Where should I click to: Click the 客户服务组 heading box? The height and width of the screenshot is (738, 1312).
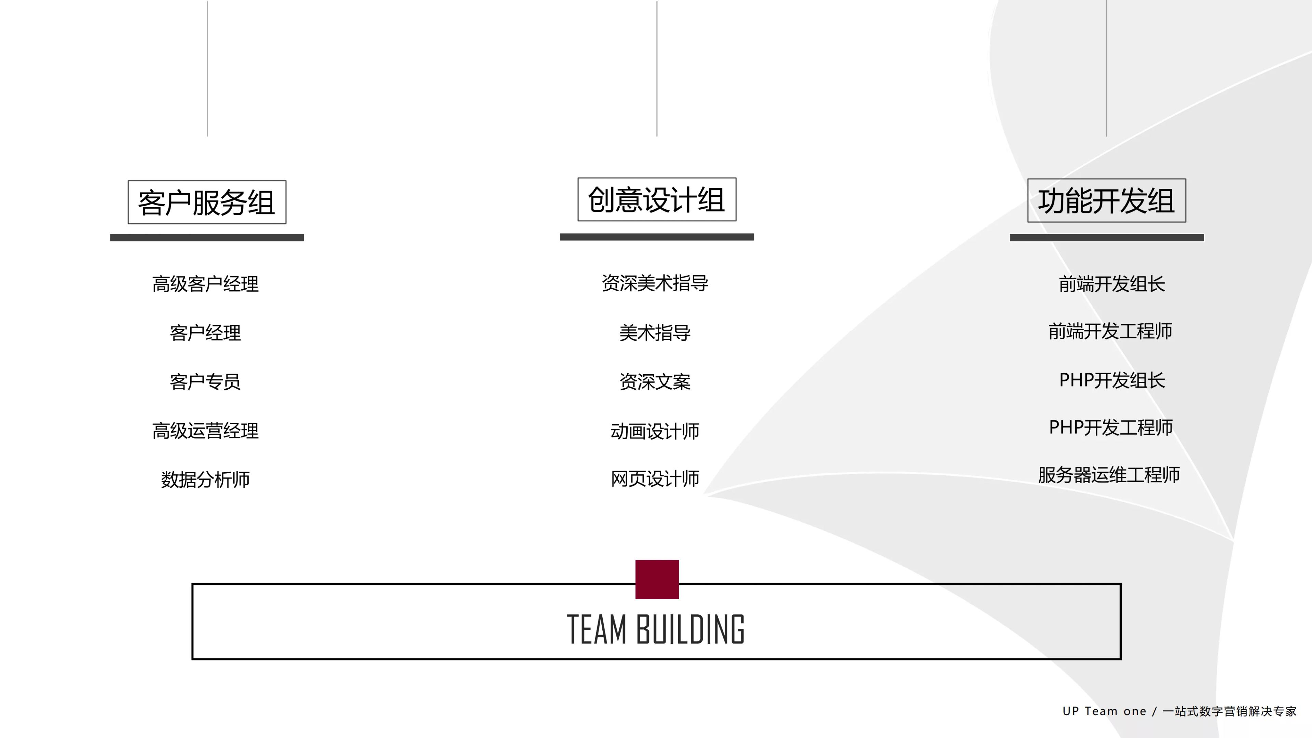point(207,202)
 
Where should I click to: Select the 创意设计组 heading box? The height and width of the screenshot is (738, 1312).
point(656,199)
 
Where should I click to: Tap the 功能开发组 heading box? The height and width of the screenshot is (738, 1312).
point(1106,200)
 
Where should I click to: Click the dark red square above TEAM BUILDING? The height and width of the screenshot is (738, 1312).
point(657,579)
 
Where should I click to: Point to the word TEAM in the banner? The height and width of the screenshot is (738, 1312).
point(597,630)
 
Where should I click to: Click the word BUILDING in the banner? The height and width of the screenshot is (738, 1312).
point(690,630)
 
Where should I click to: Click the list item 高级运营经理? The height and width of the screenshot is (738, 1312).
point(205,431)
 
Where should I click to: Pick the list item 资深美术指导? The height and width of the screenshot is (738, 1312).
point(655,283)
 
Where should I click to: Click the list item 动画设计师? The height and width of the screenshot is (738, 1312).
point(655,431)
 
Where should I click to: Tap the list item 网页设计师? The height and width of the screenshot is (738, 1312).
point(655,478)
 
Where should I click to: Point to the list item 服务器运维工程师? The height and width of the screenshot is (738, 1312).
point(1109,475)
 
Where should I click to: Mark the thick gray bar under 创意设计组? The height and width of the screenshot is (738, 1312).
point(656,237)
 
